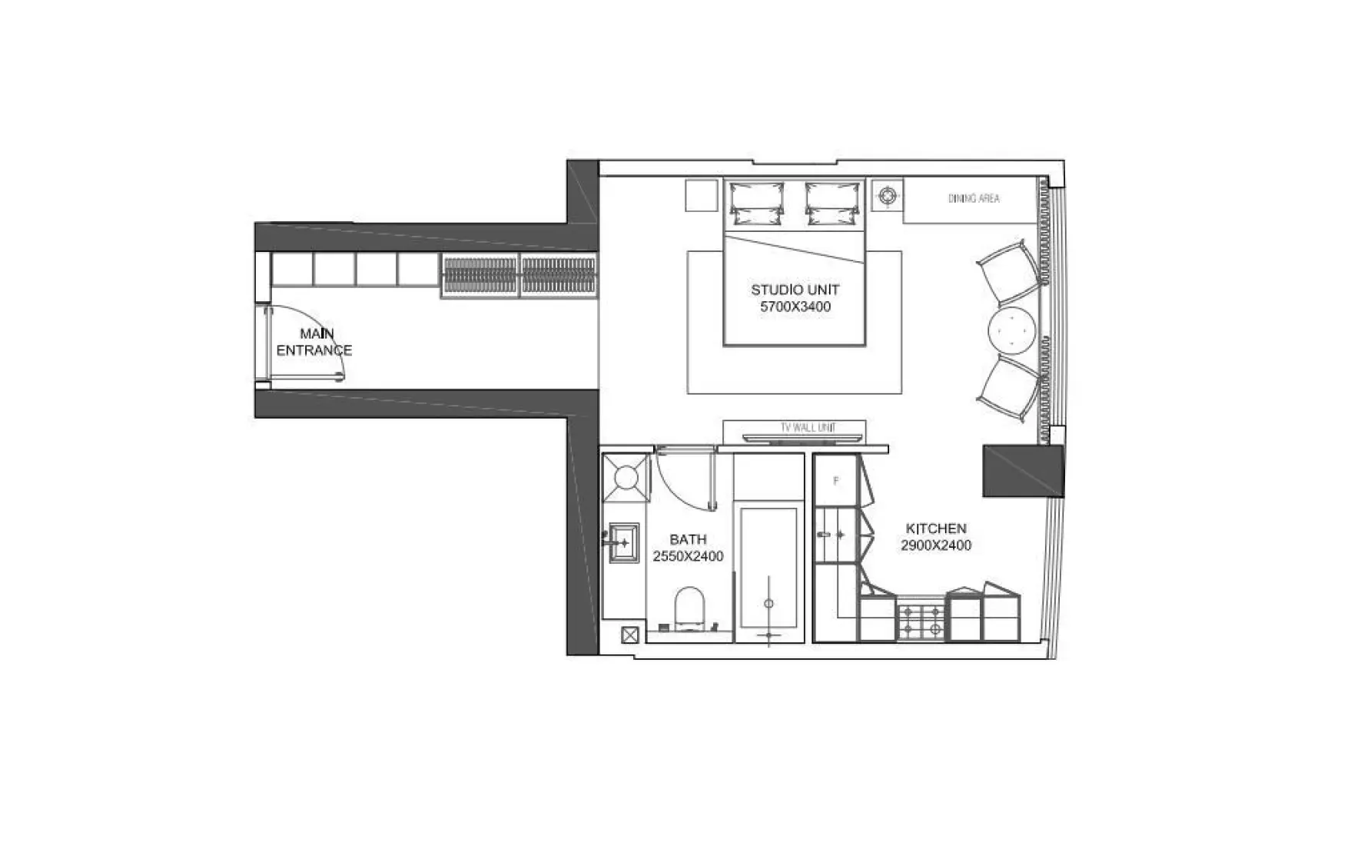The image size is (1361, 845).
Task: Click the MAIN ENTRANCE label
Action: coord(314,342)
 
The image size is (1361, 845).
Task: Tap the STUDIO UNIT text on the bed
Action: coord(795,290)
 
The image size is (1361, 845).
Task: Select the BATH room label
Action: coord(688,539)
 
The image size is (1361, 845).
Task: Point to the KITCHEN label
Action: coord(936,529)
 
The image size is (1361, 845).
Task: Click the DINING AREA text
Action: coord(974,198)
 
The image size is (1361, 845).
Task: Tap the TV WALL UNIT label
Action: coord(808,428)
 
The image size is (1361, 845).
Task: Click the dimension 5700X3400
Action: coord(795,307)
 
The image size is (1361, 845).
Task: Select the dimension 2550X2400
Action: coord(688,556)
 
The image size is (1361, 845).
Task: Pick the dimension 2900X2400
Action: coord(936,545)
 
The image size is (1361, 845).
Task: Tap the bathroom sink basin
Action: coord(624,542)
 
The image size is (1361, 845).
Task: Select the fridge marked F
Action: coord(836,481)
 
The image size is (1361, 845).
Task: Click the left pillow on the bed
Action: coord(756,202)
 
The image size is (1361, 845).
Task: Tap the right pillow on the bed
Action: coord(833,202)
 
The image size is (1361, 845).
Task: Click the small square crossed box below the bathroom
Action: coord(630,635)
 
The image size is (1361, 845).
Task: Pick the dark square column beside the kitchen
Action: coord(1024,470)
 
